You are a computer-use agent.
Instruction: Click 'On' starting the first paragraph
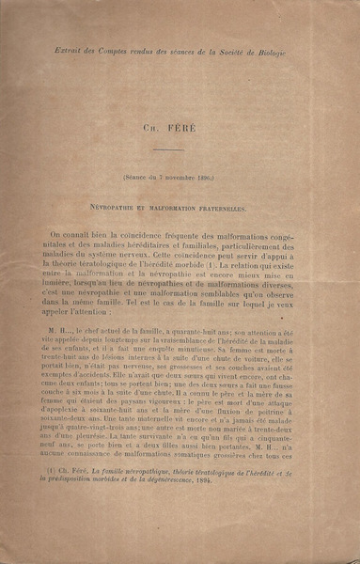click(x=58, y=234)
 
